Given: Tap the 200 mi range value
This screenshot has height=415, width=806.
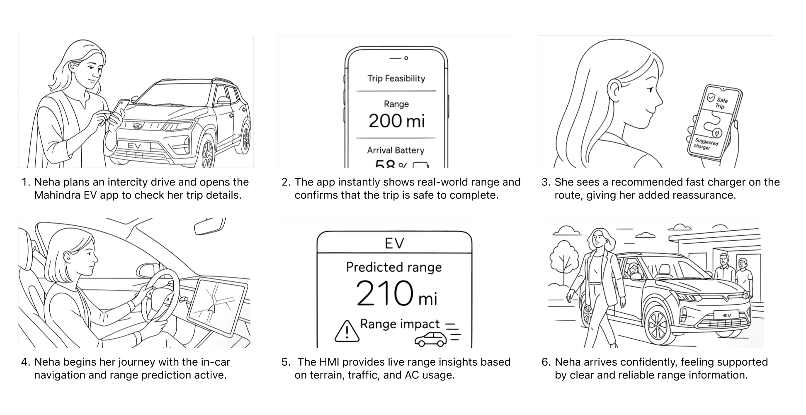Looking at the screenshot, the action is [396, 121].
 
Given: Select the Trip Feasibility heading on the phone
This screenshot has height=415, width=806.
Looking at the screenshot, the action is [396, 78].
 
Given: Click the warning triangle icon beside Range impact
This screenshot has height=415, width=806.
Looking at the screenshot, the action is [347, 331].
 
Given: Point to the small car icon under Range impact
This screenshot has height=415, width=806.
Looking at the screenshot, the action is [431, 339].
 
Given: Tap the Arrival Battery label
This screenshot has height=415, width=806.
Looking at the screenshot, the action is [396, 150].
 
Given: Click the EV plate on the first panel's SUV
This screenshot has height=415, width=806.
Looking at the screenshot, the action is [135, 146].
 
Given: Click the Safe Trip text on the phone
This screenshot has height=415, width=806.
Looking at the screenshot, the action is [721, 103].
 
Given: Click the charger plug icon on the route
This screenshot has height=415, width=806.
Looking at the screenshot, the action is [716, 133].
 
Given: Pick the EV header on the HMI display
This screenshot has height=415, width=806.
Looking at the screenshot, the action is [394, 243].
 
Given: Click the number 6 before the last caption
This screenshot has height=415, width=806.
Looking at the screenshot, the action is [545, 362].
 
